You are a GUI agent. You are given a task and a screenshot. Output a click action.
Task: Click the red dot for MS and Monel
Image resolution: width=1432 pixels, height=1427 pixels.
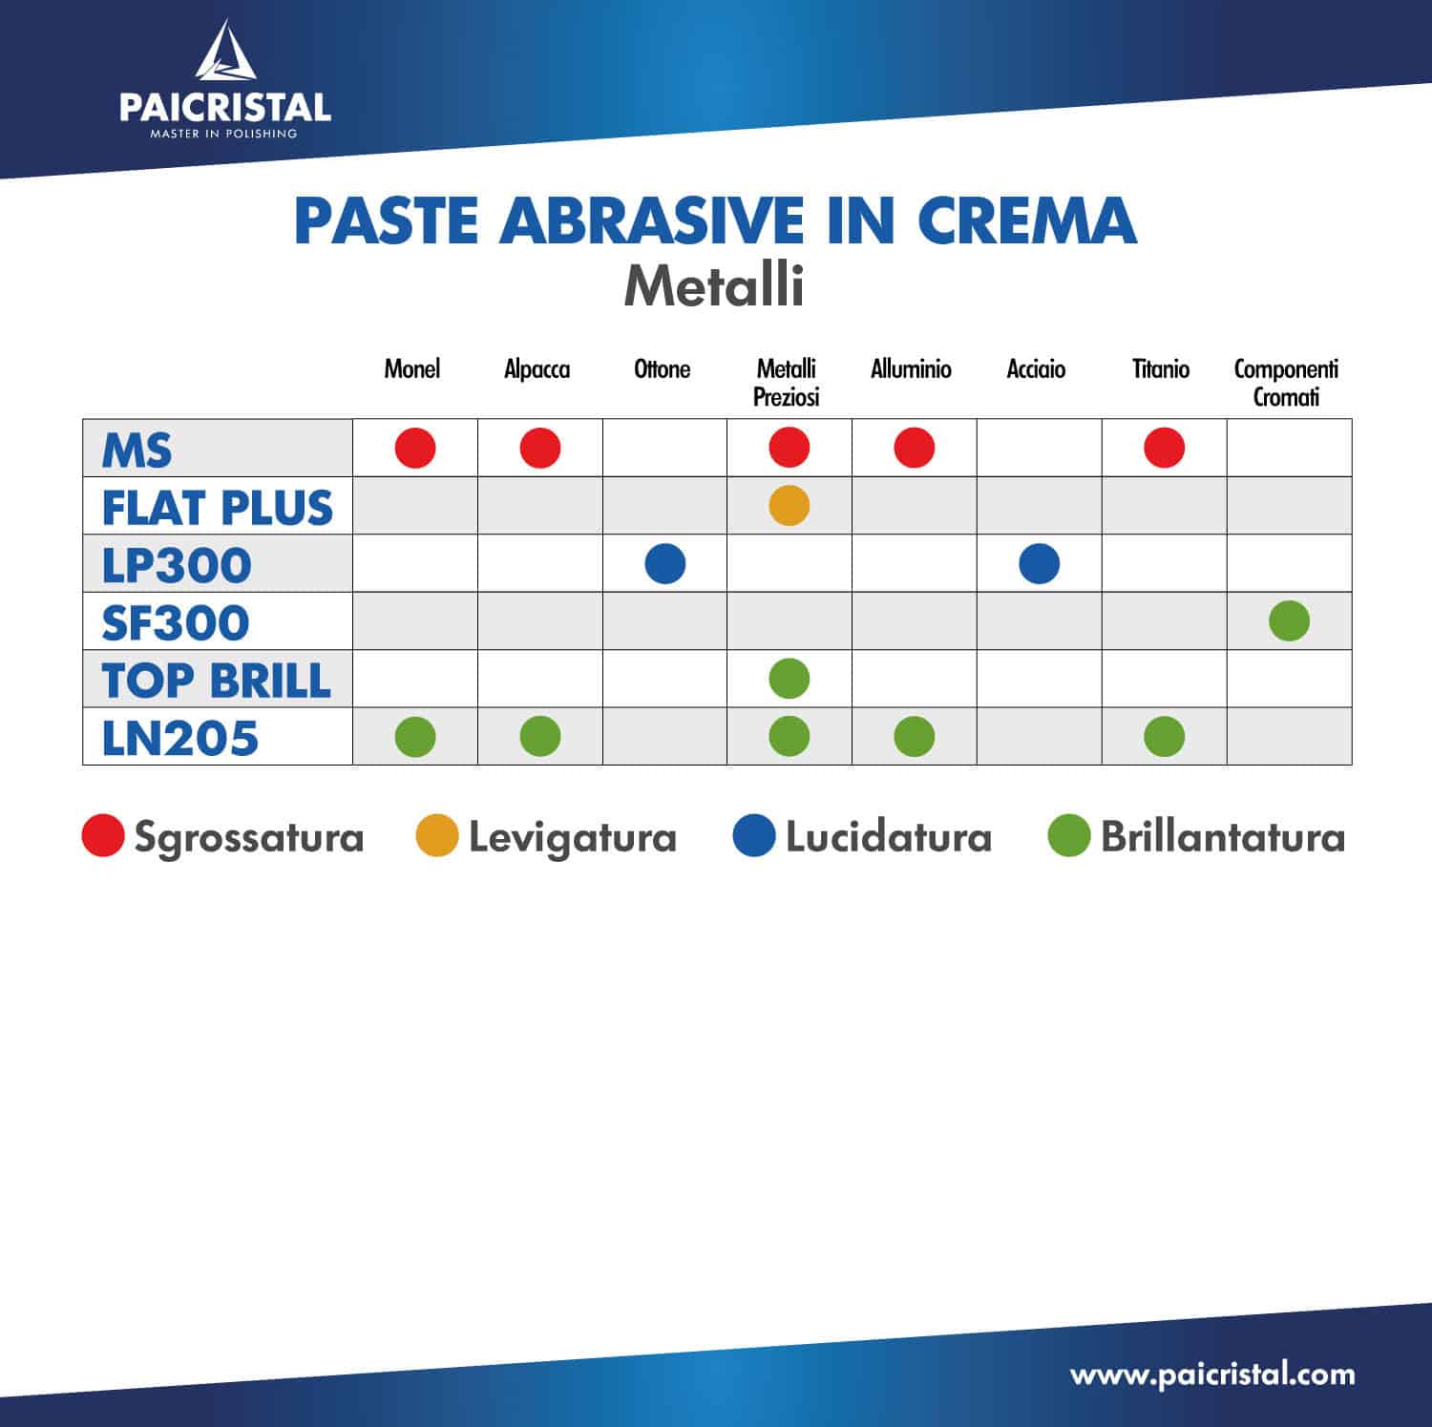coord(415,448)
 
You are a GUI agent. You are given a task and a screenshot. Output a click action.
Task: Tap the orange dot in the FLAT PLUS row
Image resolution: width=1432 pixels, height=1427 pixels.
coord(790,505)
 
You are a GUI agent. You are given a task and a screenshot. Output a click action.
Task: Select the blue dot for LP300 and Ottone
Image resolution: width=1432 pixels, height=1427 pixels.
coord(665,563)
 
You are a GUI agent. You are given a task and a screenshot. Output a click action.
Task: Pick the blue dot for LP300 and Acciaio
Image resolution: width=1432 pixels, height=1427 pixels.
coord(1040,563)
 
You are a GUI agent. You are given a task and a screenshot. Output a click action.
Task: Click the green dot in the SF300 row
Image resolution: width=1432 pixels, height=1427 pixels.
coord(1290,620)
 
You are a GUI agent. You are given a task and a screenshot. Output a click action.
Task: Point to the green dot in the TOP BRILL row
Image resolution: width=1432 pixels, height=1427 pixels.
coord(790,679)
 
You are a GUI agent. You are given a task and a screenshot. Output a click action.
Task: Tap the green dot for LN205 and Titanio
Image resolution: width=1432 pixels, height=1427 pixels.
coord(1165,736)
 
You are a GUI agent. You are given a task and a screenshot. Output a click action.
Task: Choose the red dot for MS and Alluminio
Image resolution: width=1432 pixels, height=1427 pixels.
coord(915,448)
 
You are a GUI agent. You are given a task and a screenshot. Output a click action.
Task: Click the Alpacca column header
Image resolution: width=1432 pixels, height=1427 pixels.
coord(537,369)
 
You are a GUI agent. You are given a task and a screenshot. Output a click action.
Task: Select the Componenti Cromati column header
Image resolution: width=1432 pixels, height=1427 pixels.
coord(1287,383)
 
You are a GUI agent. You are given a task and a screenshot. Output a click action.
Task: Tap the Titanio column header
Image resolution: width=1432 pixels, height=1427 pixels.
coord(1161,368)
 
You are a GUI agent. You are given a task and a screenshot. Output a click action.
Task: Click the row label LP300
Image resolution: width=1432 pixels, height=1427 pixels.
coord(177,565)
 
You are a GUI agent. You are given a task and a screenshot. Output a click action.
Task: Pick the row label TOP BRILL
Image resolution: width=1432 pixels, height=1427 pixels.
coord(217,681)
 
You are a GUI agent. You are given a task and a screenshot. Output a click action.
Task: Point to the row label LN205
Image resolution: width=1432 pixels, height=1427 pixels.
coord(180,738)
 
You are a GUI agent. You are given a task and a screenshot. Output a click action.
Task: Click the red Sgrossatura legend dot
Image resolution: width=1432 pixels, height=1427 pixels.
coord(103,835)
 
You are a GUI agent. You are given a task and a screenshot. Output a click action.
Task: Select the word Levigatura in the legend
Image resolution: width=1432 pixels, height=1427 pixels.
coord(573,838)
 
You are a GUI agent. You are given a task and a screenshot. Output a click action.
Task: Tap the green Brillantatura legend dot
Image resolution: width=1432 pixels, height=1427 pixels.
coord(1069,835)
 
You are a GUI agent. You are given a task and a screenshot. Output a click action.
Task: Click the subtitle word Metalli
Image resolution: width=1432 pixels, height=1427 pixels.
coord(714,285)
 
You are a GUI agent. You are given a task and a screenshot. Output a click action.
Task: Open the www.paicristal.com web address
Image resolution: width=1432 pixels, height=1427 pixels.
coord(1212,1375)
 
